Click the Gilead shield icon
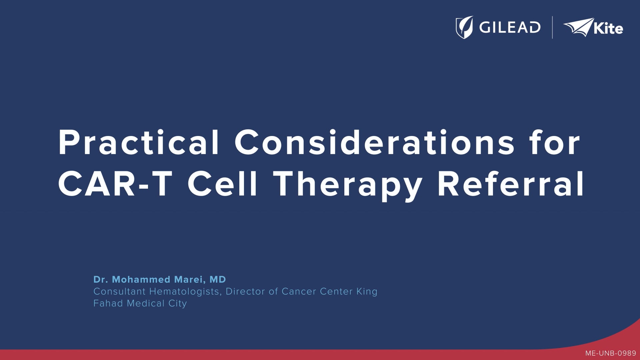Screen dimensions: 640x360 coord(464,27)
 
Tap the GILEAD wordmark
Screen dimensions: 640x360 coord(510,27)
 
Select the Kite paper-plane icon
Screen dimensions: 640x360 coord(578,27)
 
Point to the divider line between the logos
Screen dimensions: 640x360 coord(552,27)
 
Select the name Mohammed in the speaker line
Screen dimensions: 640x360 coord(142,279)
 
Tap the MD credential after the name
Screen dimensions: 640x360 coord(218,279)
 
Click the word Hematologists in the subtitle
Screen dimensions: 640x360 coord(184,292)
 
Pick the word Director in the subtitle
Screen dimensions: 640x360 coord(246,291)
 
